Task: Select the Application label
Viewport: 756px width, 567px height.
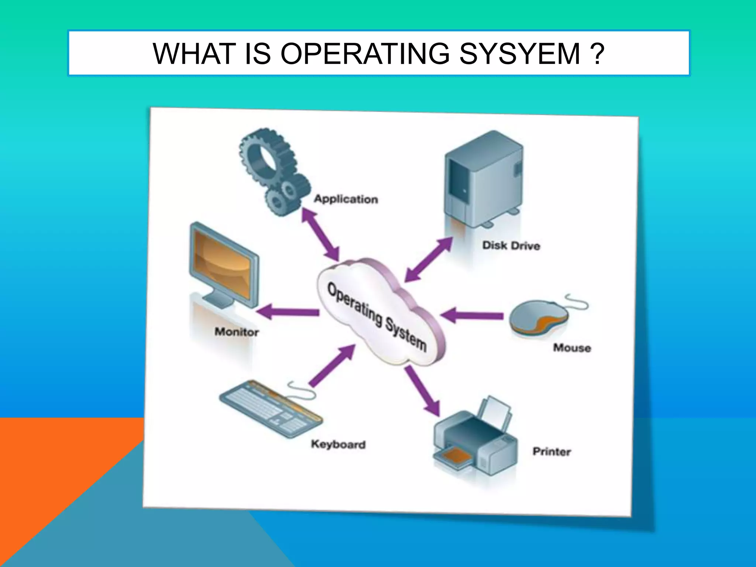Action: [x=346, y=199]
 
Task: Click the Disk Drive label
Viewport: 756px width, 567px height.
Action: [x=511, y=246]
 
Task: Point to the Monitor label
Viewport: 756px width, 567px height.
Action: [x=237, y=332]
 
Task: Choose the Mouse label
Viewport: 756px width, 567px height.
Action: [x=572, y=348]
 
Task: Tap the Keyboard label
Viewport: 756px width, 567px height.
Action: [x=338, y=444]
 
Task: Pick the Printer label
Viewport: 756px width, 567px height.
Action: [x=551, y=451]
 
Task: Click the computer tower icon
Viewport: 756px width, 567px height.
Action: [x=484, y=177]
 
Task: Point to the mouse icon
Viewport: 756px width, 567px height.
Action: [x=539, y=317]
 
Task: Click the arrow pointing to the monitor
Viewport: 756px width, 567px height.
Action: [x=288, y=312]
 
